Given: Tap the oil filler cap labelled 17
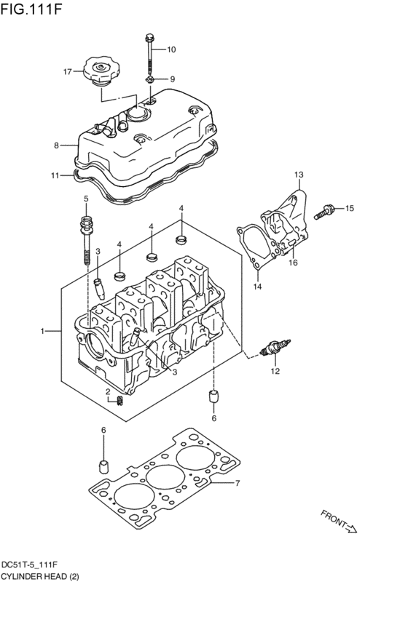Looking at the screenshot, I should (98, 72).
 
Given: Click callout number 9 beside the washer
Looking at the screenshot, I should (173, 79).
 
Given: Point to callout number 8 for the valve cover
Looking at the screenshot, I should (56, 145).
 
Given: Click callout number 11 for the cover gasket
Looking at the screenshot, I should (55, 175).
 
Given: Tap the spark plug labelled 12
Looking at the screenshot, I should (277, 347).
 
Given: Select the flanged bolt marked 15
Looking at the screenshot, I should (324, 212).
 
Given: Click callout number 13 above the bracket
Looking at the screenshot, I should (298, 175).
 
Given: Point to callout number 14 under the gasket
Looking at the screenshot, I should (257, 287).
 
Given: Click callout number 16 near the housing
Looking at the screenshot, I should (293, 263).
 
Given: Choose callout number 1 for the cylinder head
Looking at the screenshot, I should (44, 331).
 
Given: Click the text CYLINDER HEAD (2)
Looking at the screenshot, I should (40, 576).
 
